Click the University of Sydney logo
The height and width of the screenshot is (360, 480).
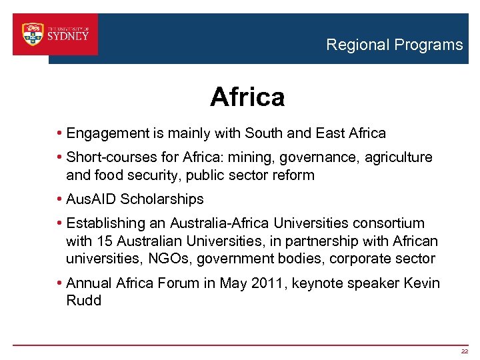click(55, 34)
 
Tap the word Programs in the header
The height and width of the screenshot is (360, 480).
click(429, 45)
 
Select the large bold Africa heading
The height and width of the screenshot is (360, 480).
click(247, 97)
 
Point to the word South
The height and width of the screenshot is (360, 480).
click(264, 133)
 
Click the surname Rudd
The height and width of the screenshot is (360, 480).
click(83, 301)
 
